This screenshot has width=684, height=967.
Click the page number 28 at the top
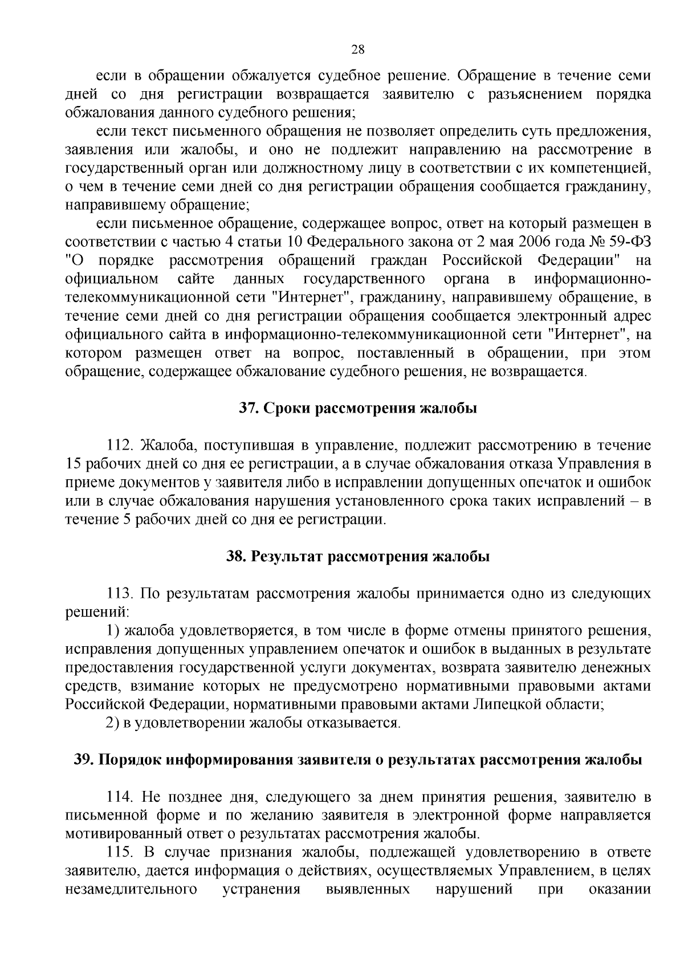[357, 49]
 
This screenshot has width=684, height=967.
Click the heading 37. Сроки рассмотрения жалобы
[357, 409]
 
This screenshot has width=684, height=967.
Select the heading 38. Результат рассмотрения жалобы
[358, 556]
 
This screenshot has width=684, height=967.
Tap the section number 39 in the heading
[83, 760]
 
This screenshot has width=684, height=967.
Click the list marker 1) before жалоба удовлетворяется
[113, 631]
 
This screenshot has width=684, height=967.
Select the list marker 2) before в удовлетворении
[113, 723]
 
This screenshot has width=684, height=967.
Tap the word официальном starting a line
[112, 279]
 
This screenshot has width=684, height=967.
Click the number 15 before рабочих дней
[75, 464]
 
